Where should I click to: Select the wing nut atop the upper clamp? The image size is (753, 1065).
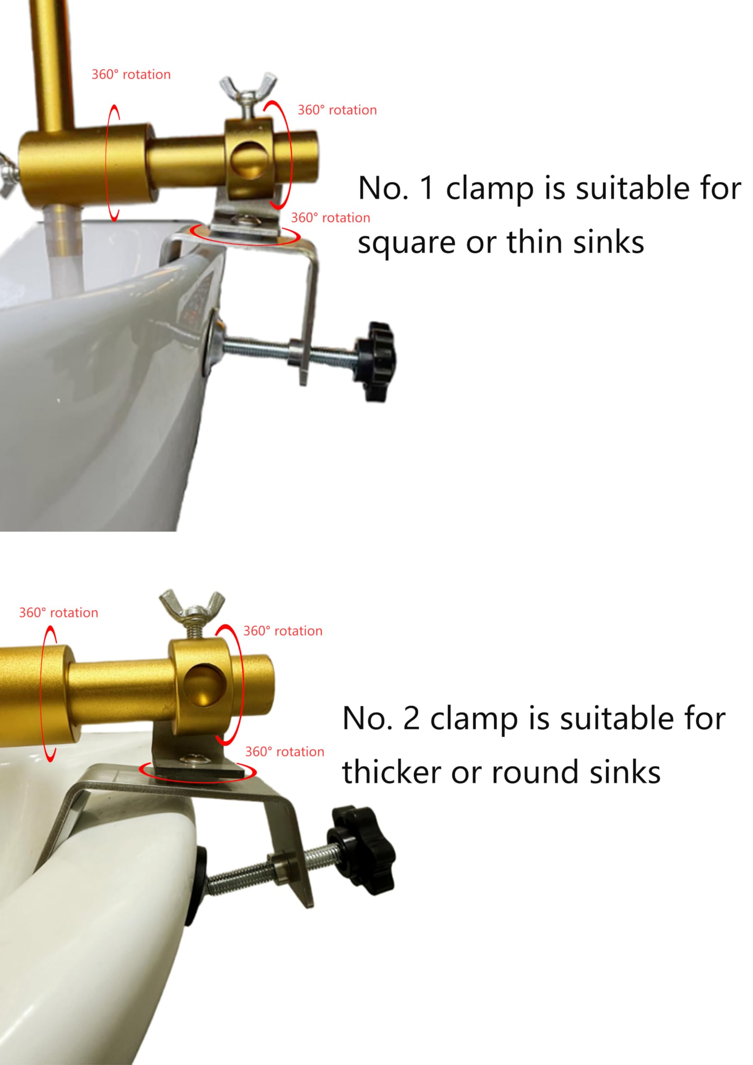coord(248,92)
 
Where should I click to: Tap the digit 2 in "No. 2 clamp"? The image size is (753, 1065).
coord(411,718)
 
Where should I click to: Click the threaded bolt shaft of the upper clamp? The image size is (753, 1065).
coord(287,349)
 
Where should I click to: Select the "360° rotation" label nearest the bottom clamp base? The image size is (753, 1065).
coord(285,752)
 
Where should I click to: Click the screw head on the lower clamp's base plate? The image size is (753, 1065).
coord(192,759)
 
